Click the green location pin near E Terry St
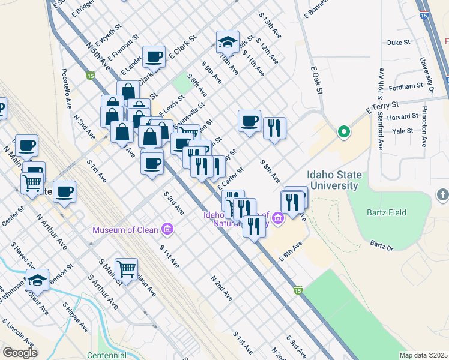pos(343,131)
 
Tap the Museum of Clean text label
pos(125,230)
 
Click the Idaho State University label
pos(334,181)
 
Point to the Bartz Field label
pos(385,212)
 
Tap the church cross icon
pos(442,195)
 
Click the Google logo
pos(19,353)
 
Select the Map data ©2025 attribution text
pos(423,355)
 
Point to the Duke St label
pos(398,43)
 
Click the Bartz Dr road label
pos(381,245)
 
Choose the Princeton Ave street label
pos(423,128)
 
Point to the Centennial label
pos(106,355)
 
